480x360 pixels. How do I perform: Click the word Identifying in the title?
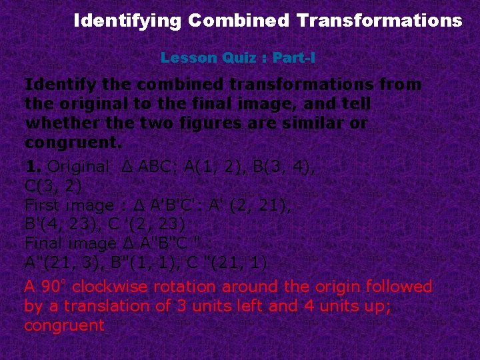tap(127, 21)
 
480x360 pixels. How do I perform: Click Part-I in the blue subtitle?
tap(293, 58)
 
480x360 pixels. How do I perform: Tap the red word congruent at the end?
tap(64, 326)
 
